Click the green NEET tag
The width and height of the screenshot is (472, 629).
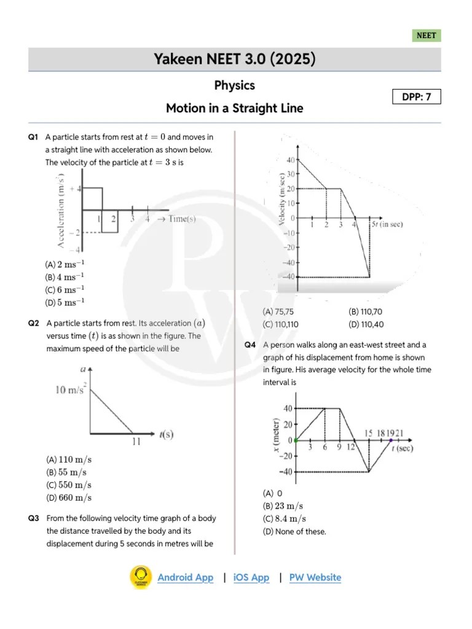[426, 36]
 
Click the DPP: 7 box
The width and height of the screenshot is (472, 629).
[417, 97]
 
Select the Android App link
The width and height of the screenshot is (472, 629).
[186, 577]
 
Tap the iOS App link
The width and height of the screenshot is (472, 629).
[251, 577]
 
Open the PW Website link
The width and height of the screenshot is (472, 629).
[315, 577]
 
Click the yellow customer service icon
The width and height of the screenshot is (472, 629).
[141, 577]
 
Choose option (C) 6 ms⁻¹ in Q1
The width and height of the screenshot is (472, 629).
[65, 289]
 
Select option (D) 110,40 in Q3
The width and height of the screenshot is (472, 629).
[366, 324]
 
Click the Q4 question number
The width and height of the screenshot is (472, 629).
[250, 345]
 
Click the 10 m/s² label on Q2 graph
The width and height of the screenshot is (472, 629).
[71, 389]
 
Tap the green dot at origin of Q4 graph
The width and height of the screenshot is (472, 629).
[296, 440]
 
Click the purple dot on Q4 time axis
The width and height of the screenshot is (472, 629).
[391, 440]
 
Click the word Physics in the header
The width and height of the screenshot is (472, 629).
[234, 85]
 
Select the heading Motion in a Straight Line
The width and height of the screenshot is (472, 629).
[234, 109]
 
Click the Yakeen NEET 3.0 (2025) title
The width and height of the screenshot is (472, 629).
[234, 60]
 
